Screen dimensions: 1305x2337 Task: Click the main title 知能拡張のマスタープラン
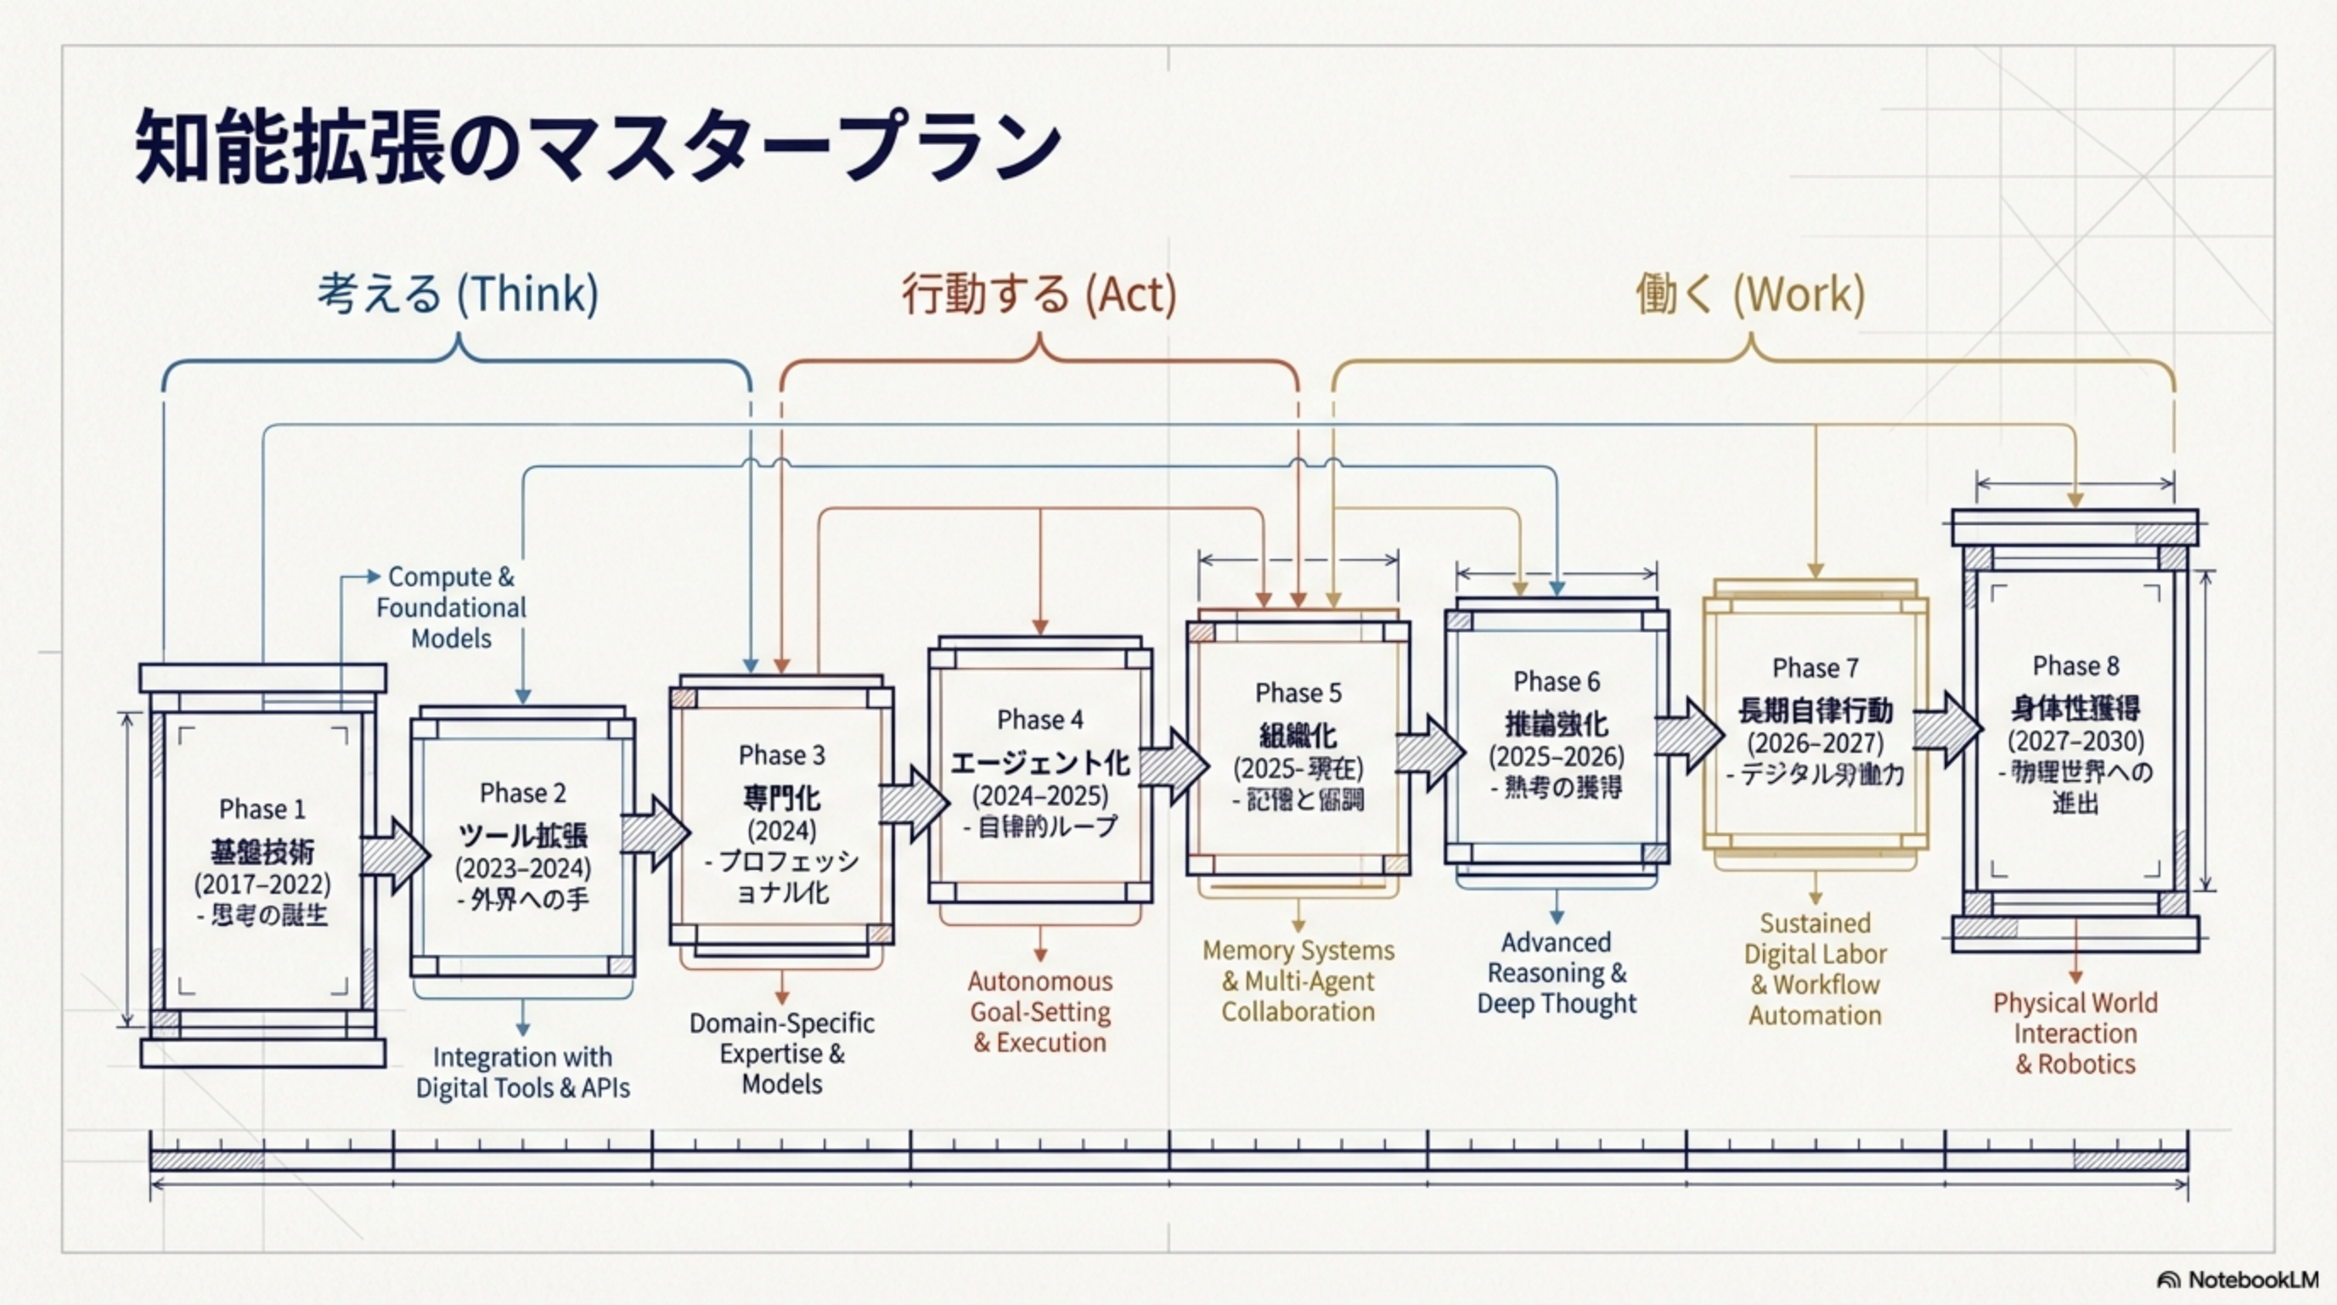[x=599, y=145]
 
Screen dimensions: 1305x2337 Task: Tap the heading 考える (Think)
[x=459, y=294]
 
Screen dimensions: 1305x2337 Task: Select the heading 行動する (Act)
[x=1039, y=294]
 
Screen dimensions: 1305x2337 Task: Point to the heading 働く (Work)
[x=1750, y=294]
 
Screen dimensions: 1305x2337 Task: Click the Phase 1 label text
[x=262, y=809]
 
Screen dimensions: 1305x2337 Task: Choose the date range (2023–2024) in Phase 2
[x=522, y=868]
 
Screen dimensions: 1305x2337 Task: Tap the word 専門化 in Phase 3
[x=781, y=798]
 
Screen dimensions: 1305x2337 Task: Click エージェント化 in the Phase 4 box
[x=1039, y=762]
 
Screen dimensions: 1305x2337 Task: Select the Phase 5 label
[x=1298, y=692]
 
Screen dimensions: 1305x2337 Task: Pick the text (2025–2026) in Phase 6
[x=1556, y=756]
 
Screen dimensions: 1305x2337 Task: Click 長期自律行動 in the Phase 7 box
[x=1816, y=710]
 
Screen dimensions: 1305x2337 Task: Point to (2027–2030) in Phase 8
[x=2075, y=741]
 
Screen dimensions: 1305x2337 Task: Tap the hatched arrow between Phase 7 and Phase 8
[x=1947, y=729]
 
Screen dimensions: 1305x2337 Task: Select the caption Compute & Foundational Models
[x=451, y=607]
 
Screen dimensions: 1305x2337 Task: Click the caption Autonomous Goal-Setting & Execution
[x=1039, y=1011]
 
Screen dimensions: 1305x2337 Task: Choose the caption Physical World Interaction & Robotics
[x=2075, y=1033]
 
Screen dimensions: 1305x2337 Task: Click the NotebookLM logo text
[x=2253, y=1280]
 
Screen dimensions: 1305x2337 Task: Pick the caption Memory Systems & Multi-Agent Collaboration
[x=1298, y=980]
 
